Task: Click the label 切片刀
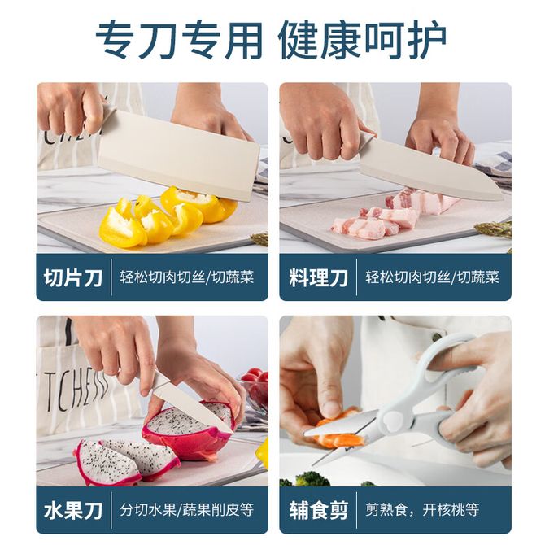(x=73, y=277)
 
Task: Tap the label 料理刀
(x=318, y=277)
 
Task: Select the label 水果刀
(x=73, y=511)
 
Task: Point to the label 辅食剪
(x=318, y=511)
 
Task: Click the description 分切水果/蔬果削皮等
(x=187, y=510)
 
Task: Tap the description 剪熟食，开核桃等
(x=422, y=510)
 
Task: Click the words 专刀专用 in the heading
(x=179, y=41)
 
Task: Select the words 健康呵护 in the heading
(x=363, y=41)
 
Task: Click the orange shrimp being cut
(x=339, y=431)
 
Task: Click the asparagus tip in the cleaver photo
(x=259, y=238)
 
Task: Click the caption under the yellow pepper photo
(x=187, y=277)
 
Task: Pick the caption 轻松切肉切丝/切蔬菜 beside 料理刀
(x=432, y=277)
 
